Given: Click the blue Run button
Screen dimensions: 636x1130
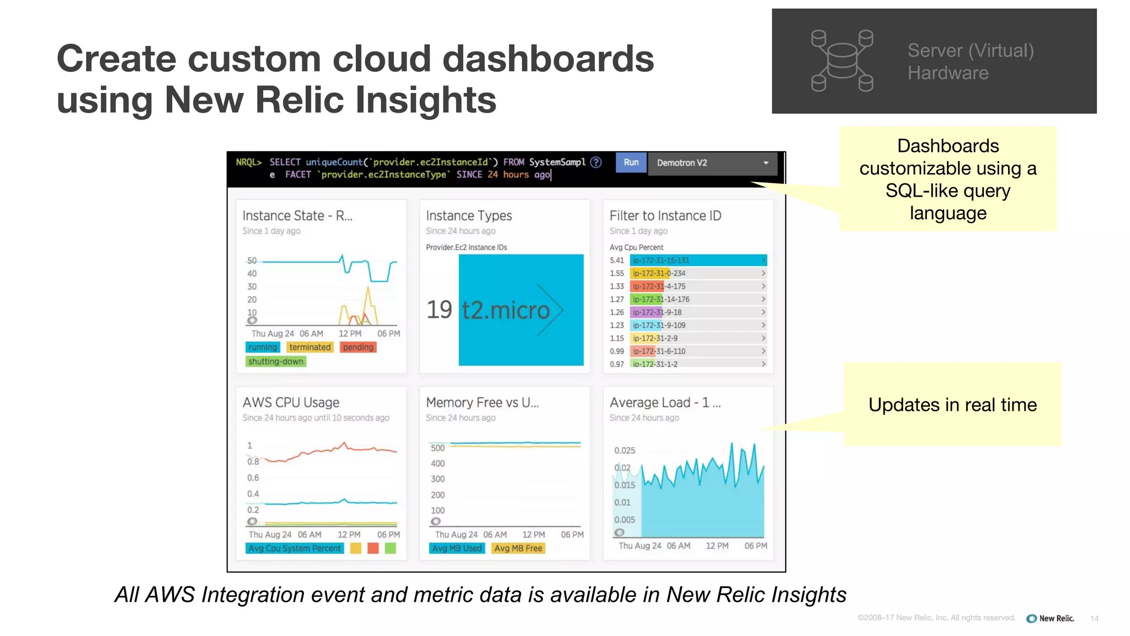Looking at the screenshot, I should pos(631,162).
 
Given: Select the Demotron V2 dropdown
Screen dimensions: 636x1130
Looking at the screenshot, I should pos(712,163).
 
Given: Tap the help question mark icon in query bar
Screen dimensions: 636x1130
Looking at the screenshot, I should pos(596,162).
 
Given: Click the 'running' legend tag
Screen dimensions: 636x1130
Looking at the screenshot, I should pos(262,347).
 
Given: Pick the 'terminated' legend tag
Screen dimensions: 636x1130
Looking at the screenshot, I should pos(310,347).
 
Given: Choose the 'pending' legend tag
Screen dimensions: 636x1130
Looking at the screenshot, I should pos(358,347).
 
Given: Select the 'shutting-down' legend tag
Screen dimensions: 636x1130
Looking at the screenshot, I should pos(275,362).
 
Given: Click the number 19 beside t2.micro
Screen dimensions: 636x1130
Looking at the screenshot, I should pos(439,310).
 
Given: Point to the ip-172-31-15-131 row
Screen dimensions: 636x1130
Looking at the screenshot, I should pos(698,260).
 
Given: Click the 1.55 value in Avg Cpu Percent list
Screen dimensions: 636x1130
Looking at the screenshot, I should pos(617,273).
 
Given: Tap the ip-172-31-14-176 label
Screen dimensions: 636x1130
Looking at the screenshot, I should pos(661,299).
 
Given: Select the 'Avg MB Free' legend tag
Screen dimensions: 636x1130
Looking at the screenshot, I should pos(518,548).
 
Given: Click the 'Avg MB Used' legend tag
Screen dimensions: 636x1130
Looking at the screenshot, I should pos(457,548).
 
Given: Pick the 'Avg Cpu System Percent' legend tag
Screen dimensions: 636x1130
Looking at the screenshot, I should pos(294,548).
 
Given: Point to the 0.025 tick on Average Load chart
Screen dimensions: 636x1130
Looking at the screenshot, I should pos(625,451).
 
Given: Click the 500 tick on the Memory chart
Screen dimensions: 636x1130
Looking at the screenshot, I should pos(438,448).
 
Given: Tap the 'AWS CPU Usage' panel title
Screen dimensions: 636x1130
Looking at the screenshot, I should pos(291,402).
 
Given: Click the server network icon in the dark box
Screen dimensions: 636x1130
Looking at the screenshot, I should pos(842,61).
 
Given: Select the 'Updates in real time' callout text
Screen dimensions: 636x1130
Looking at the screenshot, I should pos(952,405).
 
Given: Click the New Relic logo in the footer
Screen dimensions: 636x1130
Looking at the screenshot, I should pos(1050,618).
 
